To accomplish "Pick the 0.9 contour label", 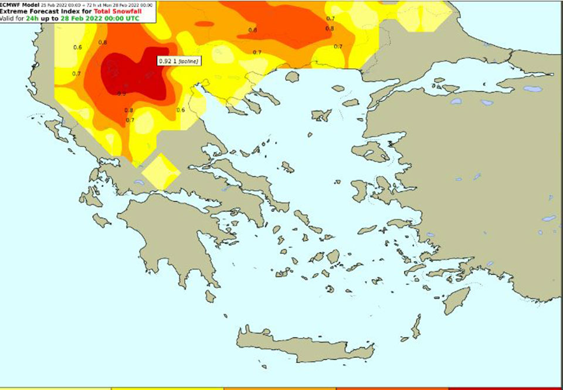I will [x=122, y=93].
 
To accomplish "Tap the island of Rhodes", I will [x=456, y=300].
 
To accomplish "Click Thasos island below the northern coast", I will [x=292, y=77].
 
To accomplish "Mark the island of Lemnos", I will [x=321, y=115].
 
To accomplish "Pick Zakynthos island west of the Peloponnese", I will [x=101, y=221].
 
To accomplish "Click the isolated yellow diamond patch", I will [x=158, y=171].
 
